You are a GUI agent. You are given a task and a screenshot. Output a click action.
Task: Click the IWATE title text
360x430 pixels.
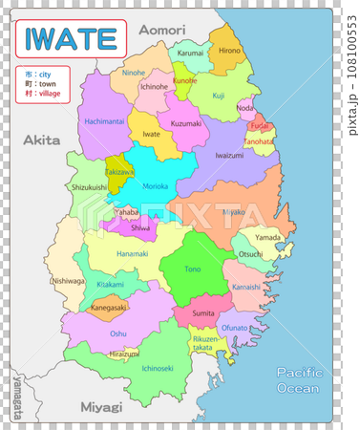72,38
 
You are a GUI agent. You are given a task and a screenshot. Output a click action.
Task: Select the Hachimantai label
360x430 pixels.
104,122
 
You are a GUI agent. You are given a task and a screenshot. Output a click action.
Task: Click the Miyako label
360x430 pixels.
234,211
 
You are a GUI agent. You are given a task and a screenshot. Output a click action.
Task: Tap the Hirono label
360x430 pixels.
230,50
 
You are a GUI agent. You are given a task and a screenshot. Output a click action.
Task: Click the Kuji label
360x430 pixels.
219,96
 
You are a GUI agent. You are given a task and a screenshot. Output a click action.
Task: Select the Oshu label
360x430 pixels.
117,333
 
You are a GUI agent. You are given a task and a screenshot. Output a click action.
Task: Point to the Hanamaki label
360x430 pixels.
133,253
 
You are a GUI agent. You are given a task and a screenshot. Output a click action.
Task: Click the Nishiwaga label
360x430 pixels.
68,281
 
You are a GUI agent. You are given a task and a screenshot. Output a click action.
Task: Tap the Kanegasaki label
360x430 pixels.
108,308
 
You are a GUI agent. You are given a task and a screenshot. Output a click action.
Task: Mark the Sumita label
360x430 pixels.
203,312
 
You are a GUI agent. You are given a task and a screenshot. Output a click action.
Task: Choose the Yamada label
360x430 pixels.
268,237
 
